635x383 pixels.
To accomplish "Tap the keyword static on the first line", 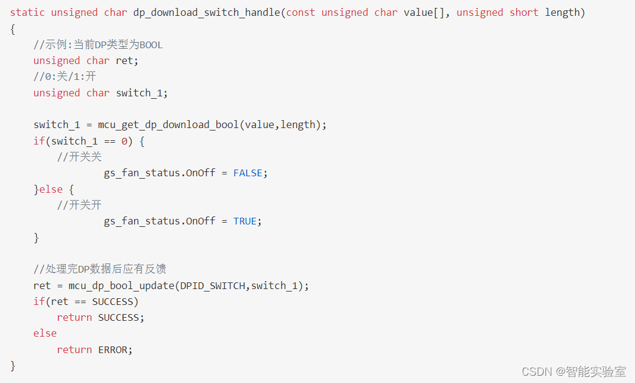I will tap(27, 12).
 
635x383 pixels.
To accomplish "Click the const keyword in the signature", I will tap(300, 12).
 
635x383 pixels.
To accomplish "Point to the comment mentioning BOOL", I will tap(98, 45).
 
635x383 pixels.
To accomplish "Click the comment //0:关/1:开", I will tap(65, 77).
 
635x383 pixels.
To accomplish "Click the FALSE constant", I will tap(248, 173).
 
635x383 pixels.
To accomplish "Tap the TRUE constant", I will tap(245, 221).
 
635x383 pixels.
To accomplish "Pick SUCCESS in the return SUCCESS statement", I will tap(119, 317).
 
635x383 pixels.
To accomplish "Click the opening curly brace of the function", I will tap(13, 29).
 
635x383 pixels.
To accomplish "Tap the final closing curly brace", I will tap(13, 365).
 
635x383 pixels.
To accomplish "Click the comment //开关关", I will tap(79, 157).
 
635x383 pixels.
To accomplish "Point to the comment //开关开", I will tap(79, 205).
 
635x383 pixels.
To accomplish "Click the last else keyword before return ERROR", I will tap(45, 333).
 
